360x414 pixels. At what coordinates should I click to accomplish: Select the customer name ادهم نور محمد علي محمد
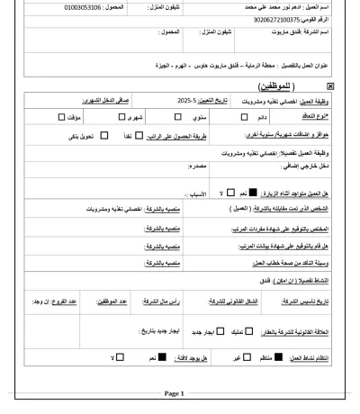(x=271, y=6)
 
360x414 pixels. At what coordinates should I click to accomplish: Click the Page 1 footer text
(x=173, y=393)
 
